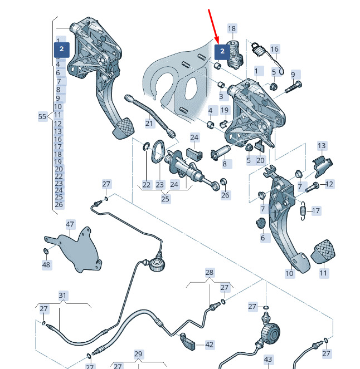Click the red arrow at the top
[x=213, y=24]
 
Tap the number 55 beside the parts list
[x=42, y=117]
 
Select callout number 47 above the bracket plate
[x=70, y=224]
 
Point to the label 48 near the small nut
[x=46, y=265]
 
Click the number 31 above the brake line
[x=62, y=295]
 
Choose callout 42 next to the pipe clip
[x=209, y=345]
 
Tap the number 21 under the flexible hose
[x=149, y=122]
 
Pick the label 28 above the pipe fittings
[x=209, y=273]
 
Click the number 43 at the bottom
[x=267, y=361]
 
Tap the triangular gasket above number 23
[x=158, y=150]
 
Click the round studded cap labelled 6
[x=262, y=224]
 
